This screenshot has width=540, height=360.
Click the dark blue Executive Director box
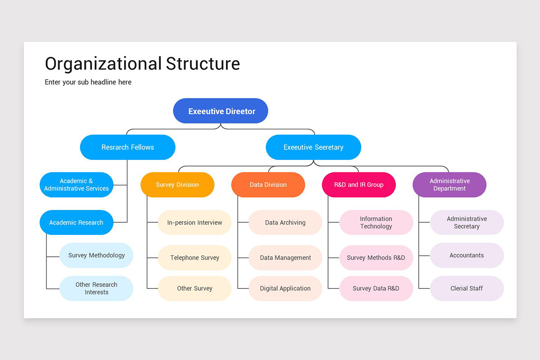click(220, 111)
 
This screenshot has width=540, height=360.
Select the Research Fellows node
click(127, 147)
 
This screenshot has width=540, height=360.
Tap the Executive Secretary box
click(313, 147)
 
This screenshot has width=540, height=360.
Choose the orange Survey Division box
click(177, 184)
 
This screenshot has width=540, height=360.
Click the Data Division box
click(268, 184)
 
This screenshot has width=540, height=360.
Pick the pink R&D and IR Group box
click(359, 184)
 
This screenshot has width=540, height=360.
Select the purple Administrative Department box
click(450, 184)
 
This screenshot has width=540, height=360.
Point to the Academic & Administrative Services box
click(76, 184)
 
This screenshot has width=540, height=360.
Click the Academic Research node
click(76, 222)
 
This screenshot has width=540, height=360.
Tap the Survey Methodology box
click(96, 255)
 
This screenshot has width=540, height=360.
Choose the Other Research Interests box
click(96, 288)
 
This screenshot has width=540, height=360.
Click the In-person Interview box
click(194, 222)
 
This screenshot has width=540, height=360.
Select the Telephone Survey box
click(194, 258)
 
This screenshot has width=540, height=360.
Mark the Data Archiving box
click(285, 222)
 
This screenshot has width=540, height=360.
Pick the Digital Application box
click(285, 288)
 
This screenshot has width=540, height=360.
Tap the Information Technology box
click(376, 222)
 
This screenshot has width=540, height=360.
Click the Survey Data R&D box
click(376, 288)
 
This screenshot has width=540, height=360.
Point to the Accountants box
click(467, 255)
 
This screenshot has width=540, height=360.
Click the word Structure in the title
click(202, 63)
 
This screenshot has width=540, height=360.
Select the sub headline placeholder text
click(88, 82)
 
